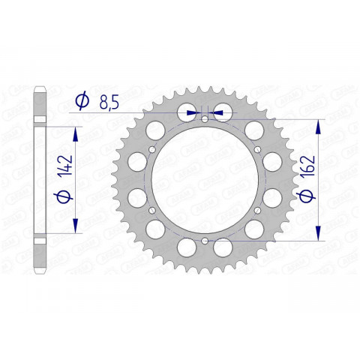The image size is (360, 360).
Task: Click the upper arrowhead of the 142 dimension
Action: [75, 133]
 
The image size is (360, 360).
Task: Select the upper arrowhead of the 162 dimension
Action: [320, 127]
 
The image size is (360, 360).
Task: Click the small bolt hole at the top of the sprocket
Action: [205, 118]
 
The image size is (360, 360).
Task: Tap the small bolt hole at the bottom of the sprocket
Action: [205, 241]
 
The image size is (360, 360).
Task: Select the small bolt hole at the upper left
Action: [152, 149]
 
